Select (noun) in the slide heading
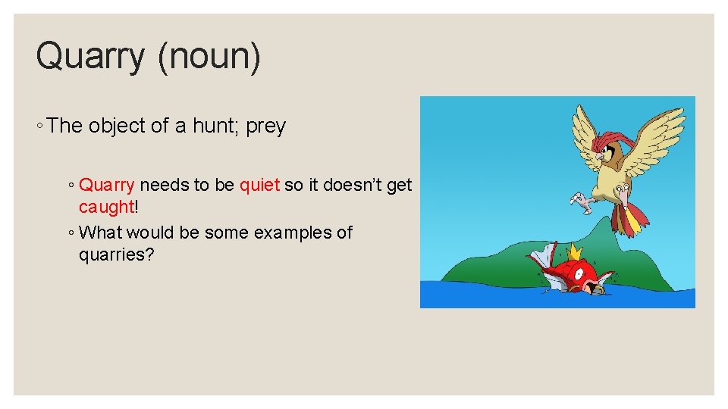tap(209, 58)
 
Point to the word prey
tap(266, 126)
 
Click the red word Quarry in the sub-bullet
tap(107, 185)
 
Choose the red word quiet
tap(259, 185)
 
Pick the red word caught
tap(106, 207)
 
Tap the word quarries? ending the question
tap(117, 254)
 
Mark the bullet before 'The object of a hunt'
tap(39, 127)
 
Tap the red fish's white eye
tap(581, 270)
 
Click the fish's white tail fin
tap(544, 258)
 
